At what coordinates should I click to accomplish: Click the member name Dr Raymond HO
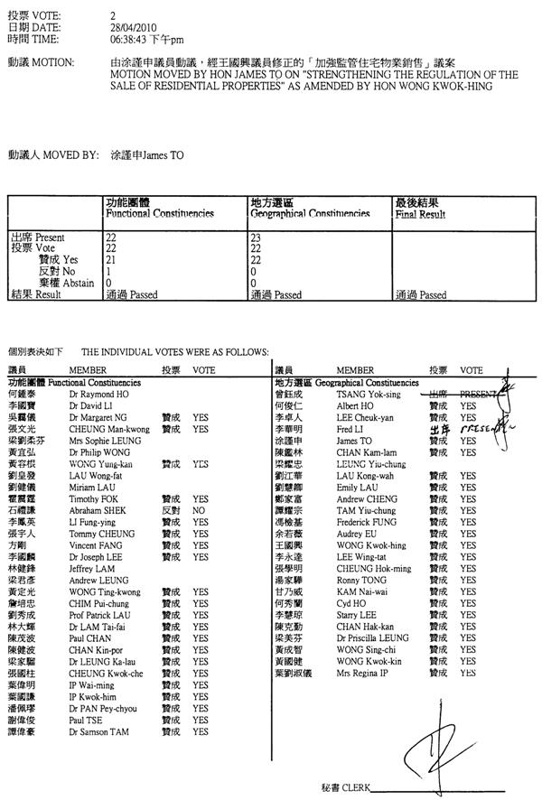[x=94, y=395]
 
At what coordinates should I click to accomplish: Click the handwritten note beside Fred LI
[x=480, y=430]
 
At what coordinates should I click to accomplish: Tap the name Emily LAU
[x=357, y=487]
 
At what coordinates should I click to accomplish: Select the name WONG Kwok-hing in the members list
[x=371, y=545]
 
